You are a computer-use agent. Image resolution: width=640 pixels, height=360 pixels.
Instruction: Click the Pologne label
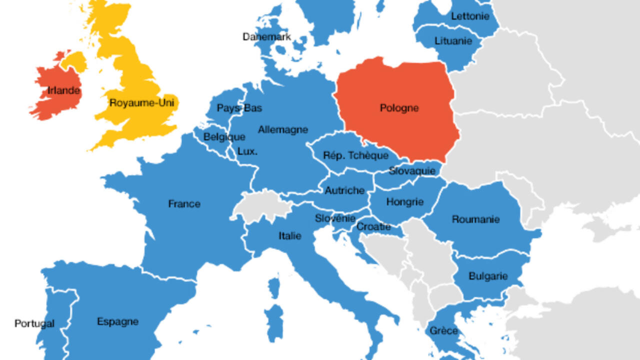399,108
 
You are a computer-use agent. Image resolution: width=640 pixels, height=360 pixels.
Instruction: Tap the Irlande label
63,90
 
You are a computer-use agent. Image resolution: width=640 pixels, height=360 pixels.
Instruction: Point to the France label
184,204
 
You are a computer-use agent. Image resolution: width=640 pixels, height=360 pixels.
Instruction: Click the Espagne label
117,321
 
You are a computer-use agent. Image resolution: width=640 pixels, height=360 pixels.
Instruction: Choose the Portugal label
34,323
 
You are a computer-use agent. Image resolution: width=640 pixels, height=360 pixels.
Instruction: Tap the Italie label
290,235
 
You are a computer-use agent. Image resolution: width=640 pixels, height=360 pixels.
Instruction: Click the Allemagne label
283,129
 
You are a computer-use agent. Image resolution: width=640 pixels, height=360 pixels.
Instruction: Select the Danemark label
267,36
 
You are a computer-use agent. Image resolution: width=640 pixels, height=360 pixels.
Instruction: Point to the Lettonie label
470,16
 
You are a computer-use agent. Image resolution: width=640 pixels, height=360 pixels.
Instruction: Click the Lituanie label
453,41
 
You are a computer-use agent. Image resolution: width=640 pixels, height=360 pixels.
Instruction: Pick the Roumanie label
475,219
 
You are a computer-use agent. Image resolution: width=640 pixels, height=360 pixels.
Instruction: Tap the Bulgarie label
488,276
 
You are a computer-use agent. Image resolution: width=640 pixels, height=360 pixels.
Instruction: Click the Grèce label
443,330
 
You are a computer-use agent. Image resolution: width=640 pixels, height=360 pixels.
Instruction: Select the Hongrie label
405,202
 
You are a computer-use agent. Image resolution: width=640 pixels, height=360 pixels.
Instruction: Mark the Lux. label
247,151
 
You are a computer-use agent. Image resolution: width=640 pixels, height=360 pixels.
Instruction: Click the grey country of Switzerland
260,205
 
